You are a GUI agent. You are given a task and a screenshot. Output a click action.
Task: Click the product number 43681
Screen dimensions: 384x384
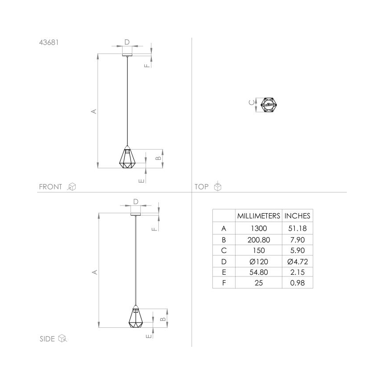point(49,43)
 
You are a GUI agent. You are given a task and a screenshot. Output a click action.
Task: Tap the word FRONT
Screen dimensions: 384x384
point(50,187)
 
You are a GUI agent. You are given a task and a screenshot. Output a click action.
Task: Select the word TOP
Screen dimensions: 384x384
point(201,187)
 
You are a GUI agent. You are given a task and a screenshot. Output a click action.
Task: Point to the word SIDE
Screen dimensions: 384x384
point(47,339)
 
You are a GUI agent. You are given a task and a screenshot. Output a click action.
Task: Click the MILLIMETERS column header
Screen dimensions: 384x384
point(258,216)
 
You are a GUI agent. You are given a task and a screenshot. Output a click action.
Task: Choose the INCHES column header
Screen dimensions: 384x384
point(297,216)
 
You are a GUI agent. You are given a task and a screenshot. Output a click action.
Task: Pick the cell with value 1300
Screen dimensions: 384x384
point(258,228)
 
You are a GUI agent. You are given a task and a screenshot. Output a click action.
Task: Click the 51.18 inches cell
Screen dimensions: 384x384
point(297,228)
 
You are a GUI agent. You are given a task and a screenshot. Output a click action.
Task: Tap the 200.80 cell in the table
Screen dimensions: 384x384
point(258,239)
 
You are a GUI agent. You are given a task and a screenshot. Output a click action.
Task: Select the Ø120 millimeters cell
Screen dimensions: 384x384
point(258,261)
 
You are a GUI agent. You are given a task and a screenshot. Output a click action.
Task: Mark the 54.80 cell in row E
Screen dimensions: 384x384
point(258,272)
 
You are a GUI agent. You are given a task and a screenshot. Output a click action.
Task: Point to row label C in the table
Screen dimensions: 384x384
point(224,250)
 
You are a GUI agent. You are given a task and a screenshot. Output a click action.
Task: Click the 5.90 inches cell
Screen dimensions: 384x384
point(297,250)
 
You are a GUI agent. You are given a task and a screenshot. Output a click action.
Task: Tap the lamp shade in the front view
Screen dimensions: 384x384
point(127,157)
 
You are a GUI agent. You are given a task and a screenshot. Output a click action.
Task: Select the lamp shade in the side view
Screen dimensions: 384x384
point(136,316)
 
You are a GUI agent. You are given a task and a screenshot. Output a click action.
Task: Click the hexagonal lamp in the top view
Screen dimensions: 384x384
point(268,105)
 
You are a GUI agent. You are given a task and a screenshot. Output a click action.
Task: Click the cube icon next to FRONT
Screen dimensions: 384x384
point(72,187)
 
